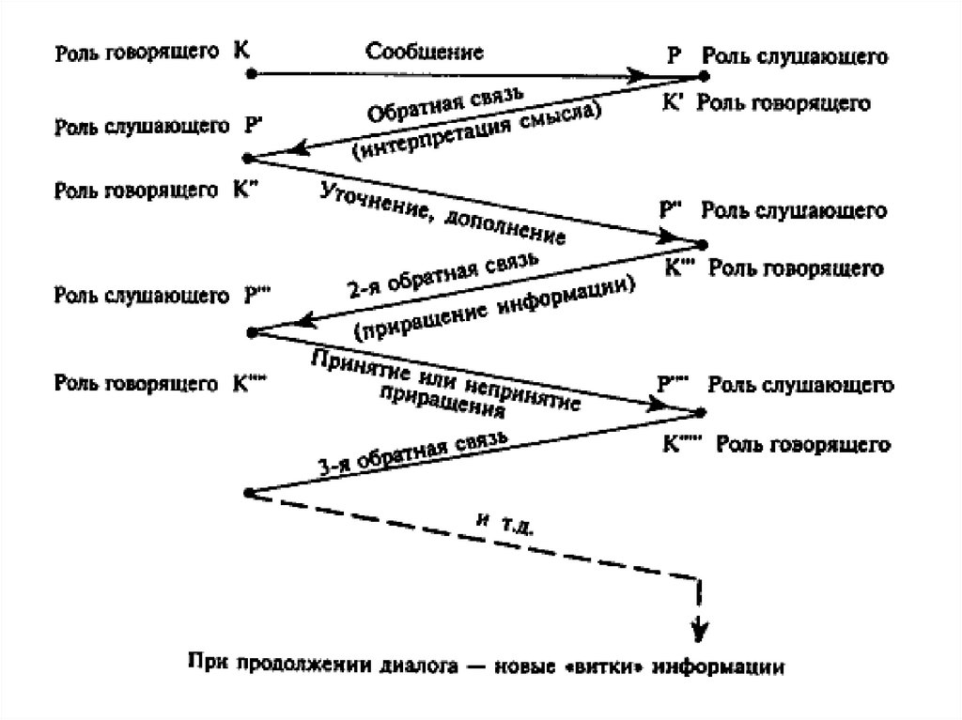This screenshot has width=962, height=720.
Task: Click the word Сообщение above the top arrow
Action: pos(425,52)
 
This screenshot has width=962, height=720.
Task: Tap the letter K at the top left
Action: pos(242,49)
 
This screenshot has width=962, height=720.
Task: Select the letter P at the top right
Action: pos(673,54)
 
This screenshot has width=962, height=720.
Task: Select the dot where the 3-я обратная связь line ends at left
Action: pos(247,492)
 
